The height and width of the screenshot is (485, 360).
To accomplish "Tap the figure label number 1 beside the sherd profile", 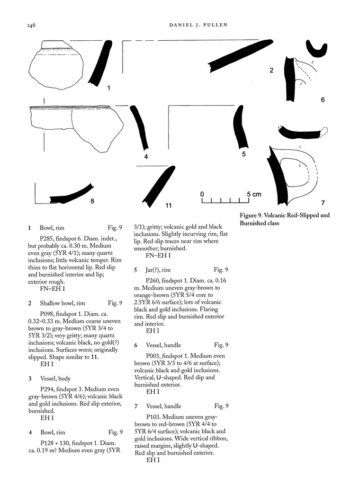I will coord(108,88).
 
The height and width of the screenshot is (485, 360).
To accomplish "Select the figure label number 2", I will coord(271,71).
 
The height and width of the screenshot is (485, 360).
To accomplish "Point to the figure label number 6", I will coord(323,100).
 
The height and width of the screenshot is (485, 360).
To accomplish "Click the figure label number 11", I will coord(168,205).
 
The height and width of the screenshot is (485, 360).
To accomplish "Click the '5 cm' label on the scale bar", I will coord(253,194).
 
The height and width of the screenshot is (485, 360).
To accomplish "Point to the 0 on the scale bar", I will coord(202,194).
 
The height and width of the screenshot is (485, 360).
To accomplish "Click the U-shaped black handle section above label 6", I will coord(317,51).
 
